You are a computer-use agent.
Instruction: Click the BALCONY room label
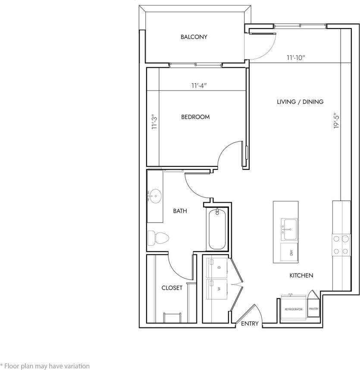[194, 37]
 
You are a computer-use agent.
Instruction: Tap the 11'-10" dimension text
[296, 57]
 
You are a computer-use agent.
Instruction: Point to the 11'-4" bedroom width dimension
[199, 85]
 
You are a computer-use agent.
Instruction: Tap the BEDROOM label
[195, 117]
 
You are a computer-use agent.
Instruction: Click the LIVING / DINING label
[300, 102]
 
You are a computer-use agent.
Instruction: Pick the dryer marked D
[215, 268]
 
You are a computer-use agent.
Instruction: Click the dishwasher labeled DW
[291, 253]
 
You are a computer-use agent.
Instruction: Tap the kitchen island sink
[289, 229]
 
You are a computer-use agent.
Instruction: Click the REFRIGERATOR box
[293, 309]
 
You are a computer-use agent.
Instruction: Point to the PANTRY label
[313, 309]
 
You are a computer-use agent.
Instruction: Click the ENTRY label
[250, 323]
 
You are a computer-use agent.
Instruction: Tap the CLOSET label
[172, 288]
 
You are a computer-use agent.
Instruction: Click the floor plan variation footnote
[45, 366]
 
